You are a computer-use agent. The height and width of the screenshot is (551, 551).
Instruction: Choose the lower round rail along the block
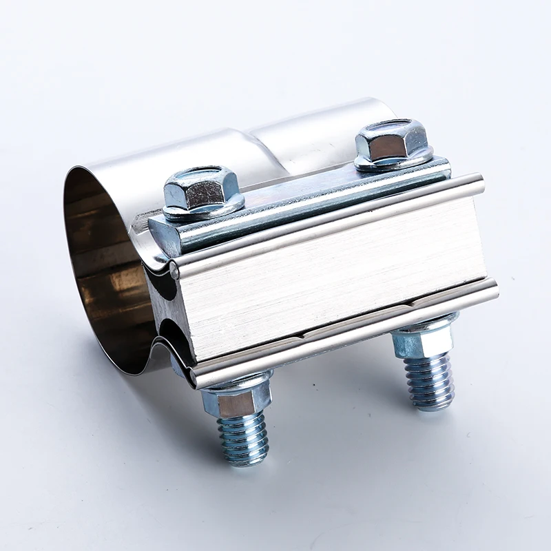[344, 331]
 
